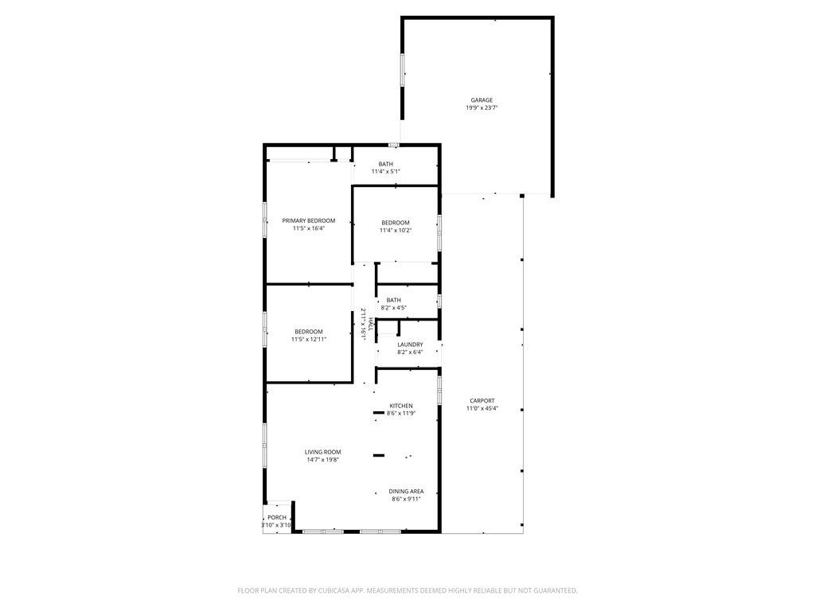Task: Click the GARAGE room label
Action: pos(482,100)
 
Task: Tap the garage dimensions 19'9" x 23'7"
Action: pos(482,108)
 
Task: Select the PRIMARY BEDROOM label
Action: pos(309,221)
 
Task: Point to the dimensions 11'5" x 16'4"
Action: pos(309,228)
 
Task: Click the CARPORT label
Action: pos(482,401)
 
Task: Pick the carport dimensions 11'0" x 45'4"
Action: pos(482,408)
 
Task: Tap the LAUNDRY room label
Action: pos(410,344)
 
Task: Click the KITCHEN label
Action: pos(401,406)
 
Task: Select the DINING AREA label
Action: pos(406,492)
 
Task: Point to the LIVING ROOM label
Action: pos(323,452)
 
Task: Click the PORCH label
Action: pos(277,517)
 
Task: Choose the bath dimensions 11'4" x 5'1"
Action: pos(386,172)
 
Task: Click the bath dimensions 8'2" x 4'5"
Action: pos(393,308)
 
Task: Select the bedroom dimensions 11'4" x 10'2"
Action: pos(396,230)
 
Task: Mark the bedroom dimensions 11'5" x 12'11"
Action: pos(309,339)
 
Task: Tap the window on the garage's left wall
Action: pos(402,70)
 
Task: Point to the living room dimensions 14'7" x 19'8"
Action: pos(323,460)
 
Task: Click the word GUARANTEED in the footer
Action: pos(556,591)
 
